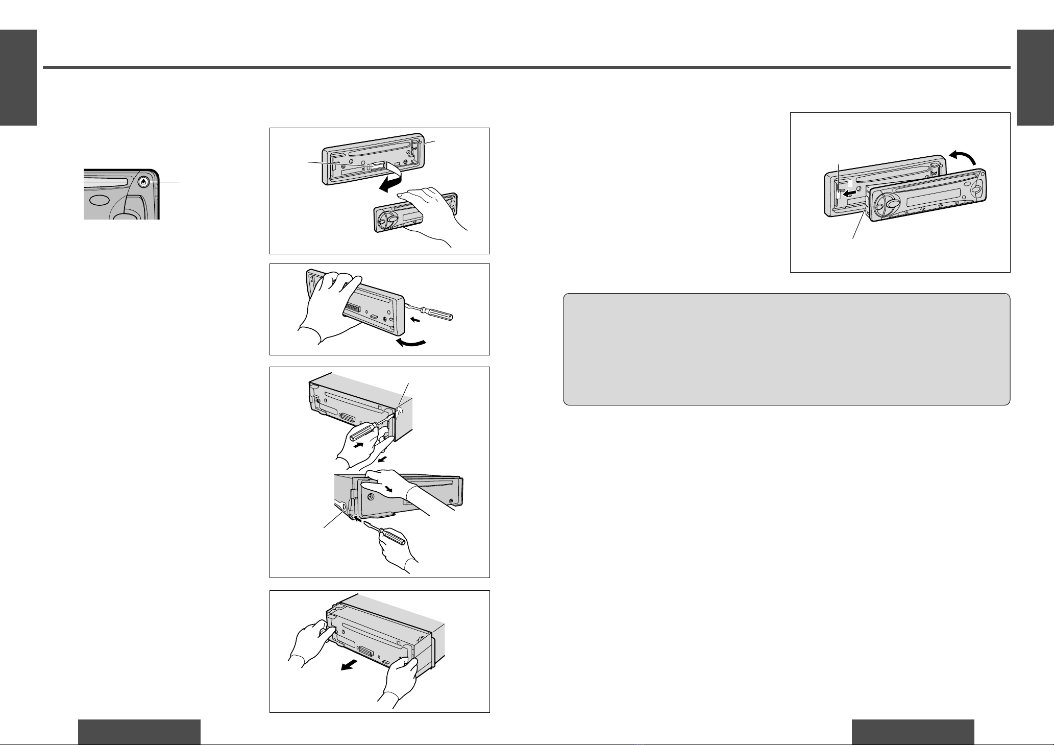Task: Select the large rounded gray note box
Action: point(786,349)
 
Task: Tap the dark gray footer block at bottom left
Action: point(139,732)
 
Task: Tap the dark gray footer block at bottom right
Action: point(913,732)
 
